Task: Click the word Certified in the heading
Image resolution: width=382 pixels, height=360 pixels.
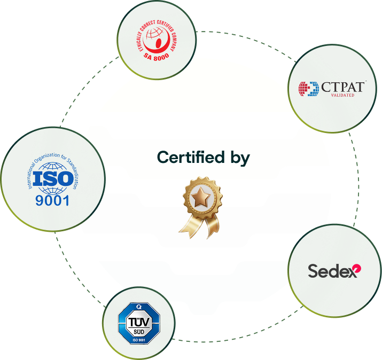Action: pos(190,158)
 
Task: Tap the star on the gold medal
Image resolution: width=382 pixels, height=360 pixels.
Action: pos(201,198)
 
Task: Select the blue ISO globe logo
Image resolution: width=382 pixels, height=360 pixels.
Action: pos(52,178)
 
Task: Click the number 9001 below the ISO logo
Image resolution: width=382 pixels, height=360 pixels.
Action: pos(52,201)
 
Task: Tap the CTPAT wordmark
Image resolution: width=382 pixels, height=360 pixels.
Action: pos(344,87)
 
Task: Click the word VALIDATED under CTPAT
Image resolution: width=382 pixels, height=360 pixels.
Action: pos(342,96)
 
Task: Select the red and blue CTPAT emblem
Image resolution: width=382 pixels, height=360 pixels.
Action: pos(309,89)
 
